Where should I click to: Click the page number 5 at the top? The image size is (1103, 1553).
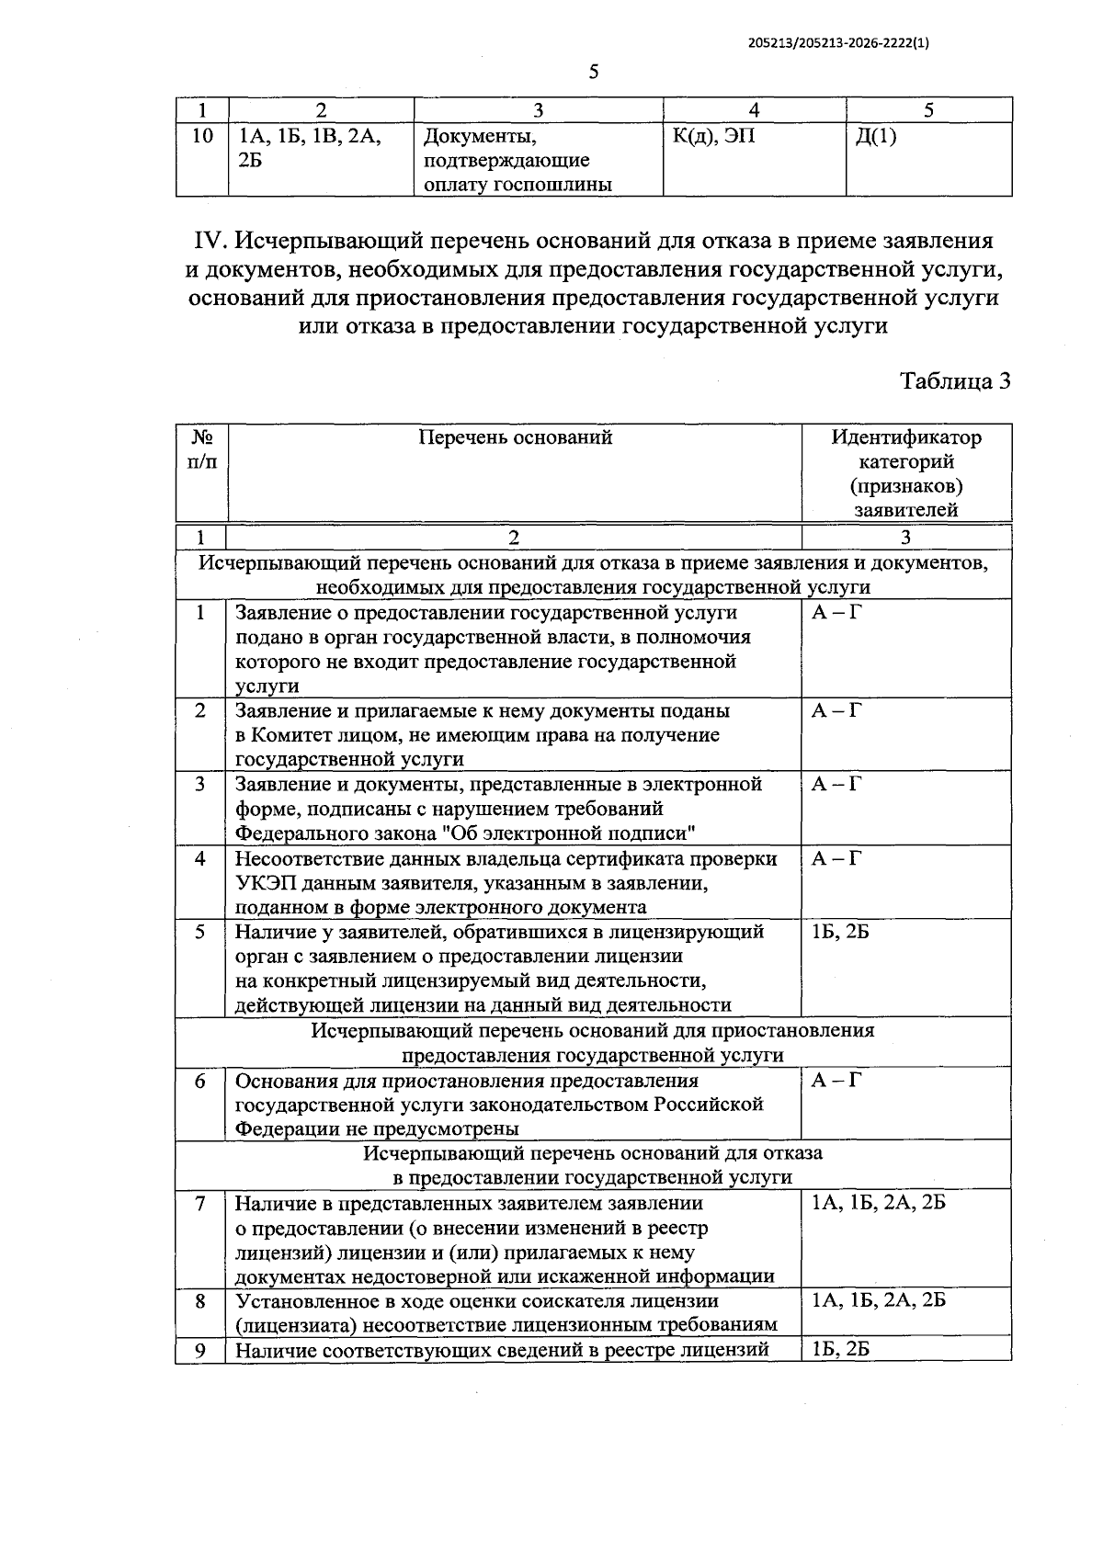[x=593, y=73]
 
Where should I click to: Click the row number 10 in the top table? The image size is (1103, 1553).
[x=202, y=137]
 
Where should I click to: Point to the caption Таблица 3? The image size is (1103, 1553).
[x=954, y=380]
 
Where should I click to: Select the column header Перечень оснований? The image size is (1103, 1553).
[x=515, y=437]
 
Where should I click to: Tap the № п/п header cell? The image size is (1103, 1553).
[x=202, y=449]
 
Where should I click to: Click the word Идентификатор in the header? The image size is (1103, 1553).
[x=905, y=437]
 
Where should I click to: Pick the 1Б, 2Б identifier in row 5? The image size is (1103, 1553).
[x=840, y=932]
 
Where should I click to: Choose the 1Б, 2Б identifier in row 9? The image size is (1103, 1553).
[x=840, y=1350]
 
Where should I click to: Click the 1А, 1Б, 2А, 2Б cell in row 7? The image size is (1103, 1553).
[x=878, y=1203]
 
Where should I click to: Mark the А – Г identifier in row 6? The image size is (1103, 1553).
[x=836, y=1081]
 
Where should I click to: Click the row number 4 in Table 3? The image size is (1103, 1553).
[x=200, y=859]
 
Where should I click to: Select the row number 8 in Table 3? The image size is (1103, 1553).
[x=200, y=1301]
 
